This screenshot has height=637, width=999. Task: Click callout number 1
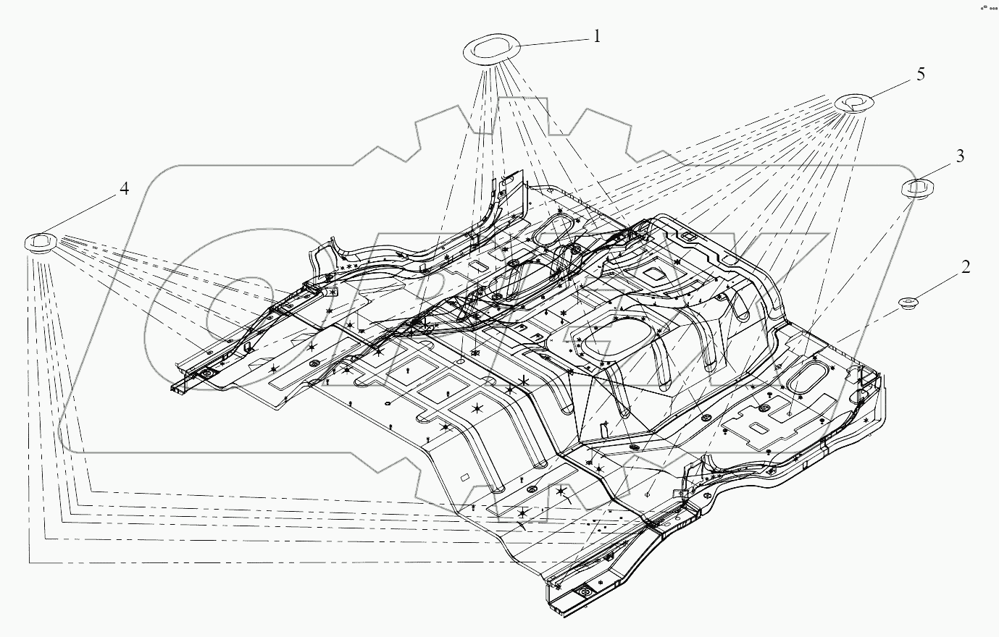(x=597, y=35)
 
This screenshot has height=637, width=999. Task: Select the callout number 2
(x=966, y=267)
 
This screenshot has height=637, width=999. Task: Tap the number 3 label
(x=960, y=156)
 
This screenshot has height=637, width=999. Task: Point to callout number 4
(x=124, y=189)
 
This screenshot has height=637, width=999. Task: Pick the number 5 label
(x=920, y=74)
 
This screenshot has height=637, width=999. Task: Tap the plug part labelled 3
(x=917, y=187)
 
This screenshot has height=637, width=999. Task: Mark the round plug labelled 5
(x=853, y=103)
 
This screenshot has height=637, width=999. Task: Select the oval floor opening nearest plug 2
(x=806, y=379)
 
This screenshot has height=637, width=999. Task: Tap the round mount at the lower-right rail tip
(x=584, y=594)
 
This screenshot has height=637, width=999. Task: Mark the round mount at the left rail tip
(x=206, y=374)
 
